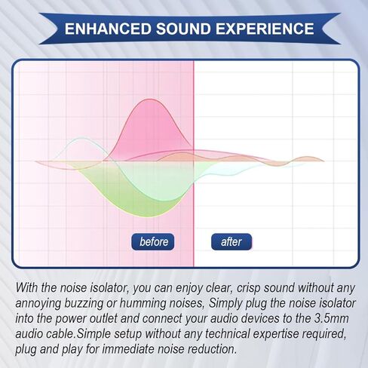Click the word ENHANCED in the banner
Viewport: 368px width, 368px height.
click(108, 29)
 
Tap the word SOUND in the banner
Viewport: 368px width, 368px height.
click(183, 29)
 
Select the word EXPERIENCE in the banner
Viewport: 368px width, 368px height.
click(265, 29)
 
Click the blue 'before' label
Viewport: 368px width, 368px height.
click(152, 242)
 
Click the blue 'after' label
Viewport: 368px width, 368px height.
click(232, 242)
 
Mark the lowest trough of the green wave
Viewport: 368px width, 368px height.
click(151, 216)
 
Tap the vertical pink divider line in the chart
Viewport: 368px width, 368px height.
click(194, 164)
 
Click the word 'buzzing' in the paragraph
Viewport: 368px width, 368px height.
click(84, 304)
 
